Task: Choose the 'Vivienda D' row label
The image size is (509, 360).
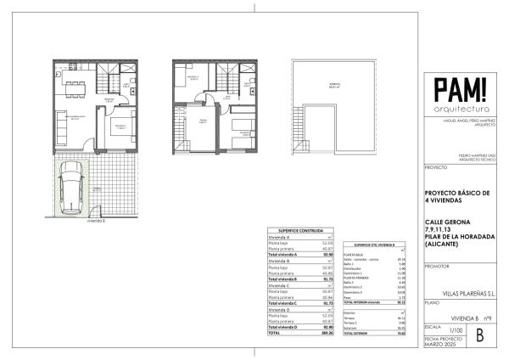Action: [x=278, y=311]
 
